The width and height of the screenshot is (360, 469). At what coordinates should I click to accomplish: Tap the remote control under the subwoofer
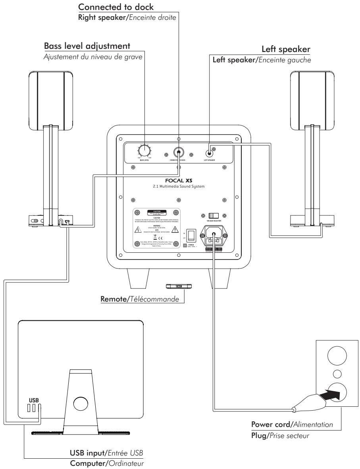click(x=179, y=286)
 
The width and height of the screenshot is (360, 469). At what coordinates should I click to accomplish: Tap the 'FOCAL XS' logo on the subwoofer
click(x=179, y=179)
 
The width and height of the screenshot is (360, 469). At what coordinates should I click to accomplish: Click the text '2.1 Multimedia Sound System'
click(x=179, y=186)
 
